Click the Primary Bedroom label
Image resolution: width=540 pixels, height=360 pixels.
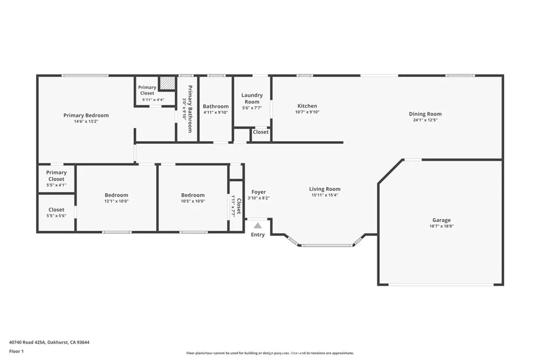pos(86,115)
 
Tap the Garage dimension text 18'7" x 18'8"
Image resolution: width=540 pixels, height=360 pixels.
pos(441,226)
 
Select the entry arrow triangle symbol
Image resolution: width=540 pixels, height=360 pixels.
pos(258,226)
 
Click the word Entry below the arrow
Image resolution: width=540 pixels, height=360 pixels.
pos(258,235)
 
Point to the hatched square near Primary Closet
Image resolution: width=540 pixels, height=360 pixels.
pos(167,83)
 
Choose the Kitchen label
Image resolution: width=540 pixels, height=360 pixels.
pos(307,106)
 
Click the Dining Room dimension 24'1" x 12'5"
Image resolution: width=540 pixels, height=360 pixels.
pos(425,120)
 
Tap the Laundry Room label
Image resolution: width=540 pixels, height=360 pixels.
pos(252,99)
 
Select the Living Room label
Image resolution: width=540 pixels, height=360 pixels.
pos(324,189)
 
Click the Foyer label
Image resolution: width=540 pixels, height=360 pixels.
pos(258,192)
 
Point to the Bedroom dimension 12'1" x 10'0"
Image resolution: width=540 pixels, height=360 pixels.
pos(116,201)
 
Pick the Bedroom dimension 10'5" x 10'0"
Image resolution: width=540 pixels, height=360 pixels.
pos(192,201)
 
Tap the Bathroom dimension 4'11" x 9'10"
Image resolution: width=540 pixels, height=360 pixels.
pos(216,112)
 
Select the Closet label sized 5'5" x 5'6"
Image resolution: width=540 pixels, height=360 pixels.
pos(56,210)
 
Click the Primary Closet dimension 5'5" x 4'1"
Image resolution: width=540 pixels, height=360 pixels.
pos(56,185)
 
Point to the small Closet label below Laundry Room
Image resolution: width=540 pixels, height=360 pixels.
pos(261,132)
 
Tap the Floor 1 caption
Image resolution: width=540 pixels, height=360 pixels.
pos(16,351)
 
